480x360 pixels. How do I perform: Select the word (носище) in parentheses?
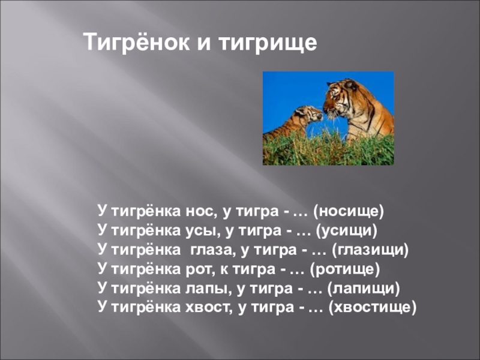point(349,212)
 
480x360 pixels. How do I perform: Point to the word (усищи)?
point(347,231)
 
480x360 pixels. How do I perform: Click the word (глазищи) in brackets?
point(370,250)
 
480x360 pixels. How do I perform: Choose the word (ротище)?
point(344,269)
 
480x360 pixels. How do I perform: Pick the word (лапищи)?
point(364,289)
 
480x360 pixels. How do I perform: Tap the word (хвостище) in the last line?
point(372,308)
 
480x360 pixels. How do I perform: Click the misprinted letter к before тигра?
point(224,270)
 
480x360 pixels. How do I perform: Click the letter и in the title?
point(203,43)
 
